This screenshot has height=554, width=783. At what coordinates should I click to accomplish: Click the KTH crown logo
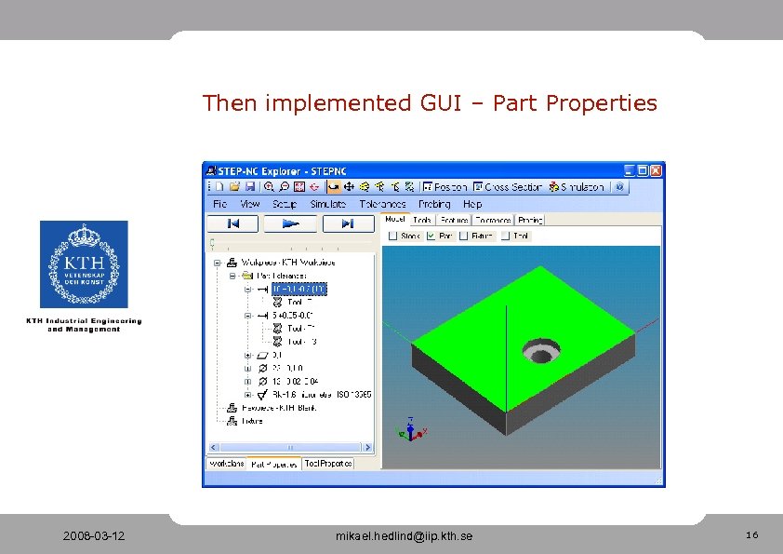tap(84, 263)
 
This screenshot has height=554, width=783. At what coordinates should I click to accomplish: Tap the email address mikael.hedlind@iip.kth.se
tap(405, 536)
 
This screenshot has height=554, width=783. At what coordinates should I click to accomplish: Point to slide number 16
tap(751, 535)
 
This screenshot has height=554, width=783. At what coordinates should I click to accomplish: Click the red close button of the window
tap(657, 170)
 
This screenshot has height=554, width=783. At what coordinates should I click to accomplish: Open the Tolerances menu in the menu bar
tap(382, 204)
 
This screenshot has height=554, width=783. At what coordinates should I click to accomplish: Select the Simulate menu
tap(327, 204)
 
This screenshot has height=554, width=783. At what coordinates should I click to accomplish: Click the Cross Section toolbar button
tap(507, 187)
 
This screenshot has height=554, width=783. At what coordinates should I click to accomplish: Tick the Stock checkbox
tap(392, 236)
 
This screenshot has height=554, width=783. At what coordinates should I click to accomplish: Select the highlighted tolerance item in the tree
tap(299, 289)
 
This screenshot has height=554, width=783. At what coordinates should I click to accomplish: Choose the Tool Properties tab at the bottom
tap(328, 464)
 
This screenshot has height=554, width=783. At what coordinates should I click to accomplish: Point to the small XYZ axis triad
tap(410, 429)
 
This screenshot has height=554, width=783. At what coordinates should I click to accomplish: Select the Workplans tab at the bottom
tap(227, 464)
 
